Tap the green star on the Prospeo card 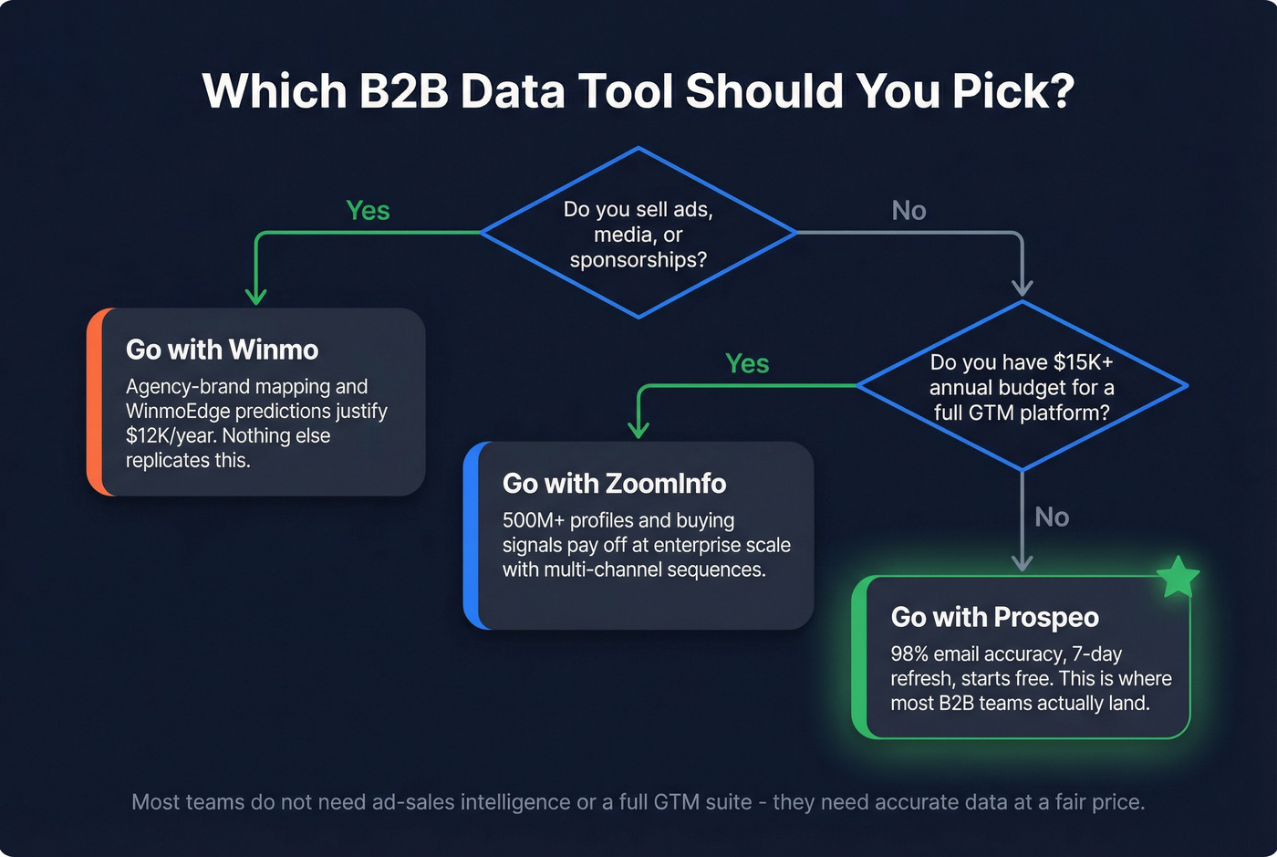tap(1178, 577)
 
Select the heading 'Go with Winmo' tap(222, 350)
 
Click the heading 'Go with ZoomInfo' tap(614, 483)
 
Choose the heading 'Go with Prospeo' tap(994, 617)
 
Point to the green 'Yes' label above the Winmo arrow tap(368, 211)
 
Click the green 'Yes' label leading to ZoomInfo tap(747, 364)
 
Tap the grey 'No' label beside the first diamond tap(908, 211)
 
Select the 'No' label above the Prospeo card tap(1051, 517)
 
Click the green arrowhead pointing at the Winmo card tap(256, 297)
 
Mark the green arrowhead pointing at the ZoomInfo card tap(638, 430)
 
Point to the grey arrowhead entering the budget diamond tap(1023, 290)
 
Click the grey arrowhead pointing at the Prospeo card tap(1023, 563)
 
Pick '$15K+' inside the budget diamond tap(1083, 362)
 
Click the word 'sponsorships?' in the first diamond tap(638, 260)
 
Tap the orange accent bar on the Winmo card tap(95, 402)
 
